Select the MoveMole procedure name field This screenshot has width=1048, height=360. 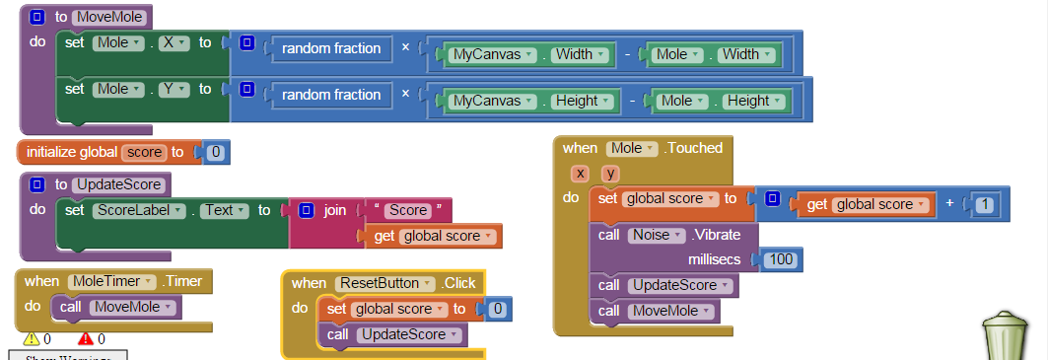[108, 17]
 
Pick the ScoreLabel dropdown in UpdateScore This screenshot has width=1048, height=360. [139, 210]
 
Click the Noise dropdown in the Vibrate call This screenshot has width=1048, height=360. [656, 235]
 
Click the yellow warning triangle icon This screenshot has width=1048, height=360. [31, 339]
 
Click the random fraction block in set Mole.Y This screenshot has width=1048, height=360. [331, 95]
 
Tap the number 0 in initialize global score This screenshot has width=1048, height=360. [216, 152]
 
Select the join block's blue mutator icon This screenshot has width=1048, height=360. [307, 210]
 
